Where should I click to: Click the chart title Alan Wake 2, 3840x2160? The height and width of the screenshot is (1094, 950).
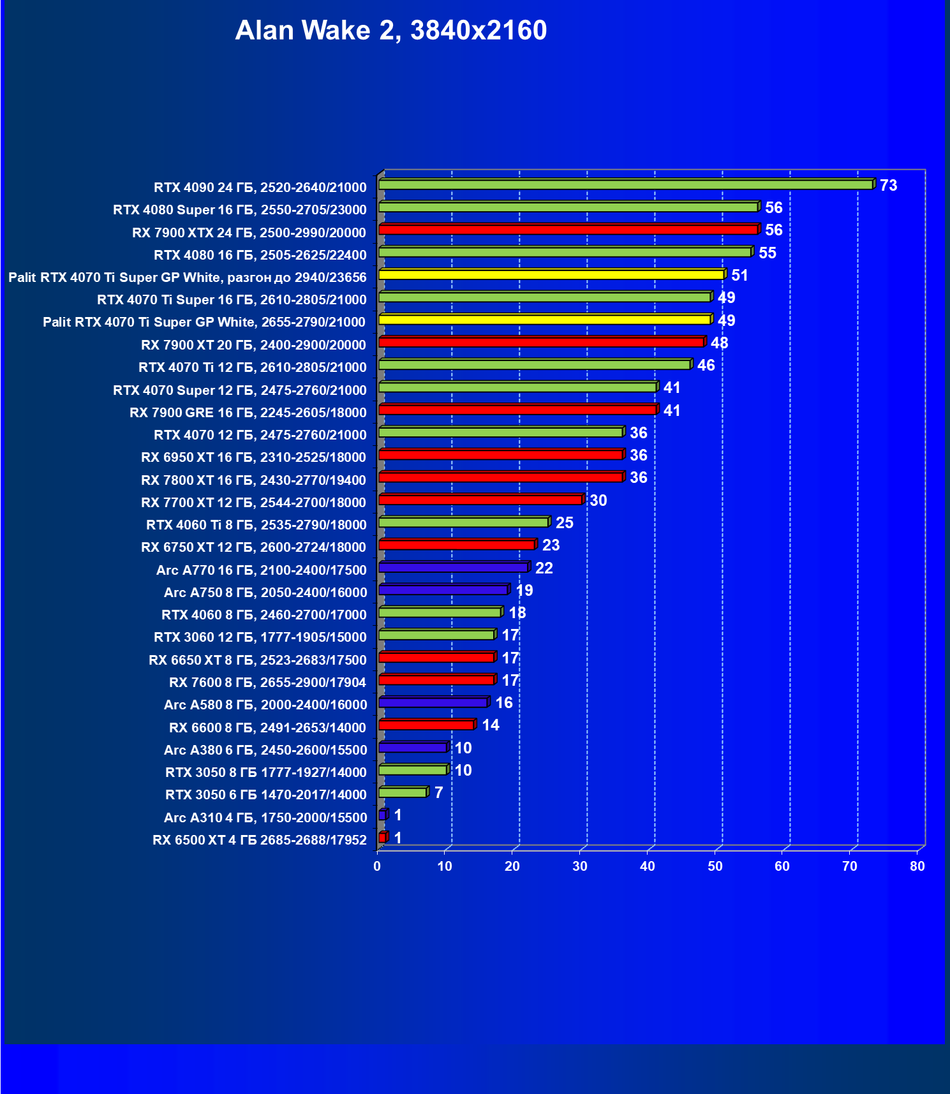(390, 31)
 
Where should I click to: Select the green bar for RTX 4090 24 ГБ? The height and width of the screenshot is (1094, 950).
(625, 184)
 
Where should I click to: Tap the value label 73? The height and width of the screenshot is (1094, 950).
(888, 186)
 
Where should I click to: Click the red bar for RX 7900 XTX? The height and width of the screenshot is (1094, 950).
(568, 230)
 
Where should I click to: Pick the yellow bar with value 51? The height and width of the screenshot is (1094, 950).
(551, 274)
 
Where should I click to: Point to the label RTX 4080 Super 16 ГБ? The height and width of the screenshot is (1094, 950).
(240, 210)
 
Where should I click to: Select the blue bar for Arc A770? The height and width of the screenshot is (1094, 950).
(453, 567)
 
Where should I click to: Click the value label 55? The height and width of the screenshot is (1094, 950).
(767, 253)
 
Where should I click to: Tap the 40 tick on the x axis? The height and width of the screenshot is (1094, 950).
(648, 866)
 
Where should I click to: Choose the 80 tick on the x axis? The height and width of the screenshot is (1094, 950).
(917, 866)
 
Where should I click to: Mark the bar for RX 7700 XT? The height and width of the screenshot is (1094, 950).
(480, 499)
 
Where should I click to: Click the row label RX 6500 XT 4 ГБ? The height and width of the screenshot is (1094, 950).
(260, 840)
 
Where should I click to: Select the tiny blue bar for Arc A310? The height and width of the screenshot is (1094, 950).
(382, 815)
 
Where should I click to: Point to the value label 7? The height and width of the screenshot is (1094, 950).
(438, 793)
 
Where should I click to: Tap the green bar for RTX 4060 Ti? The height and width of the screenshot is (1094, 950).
(463, 522)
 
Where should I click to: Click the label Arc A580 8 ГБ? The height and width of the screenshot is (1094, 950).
(265, 705)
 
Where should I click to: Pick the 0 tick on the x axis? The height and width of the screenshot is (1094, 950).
(377, 866)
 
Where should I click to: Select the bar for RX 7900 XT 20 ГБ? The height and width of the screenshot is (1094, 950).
(541, 342)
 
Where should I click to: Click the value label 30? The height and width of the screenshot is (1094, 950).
(598, 501)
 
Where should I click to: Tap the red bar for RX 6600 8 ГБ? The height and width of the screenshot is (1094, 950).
(426, 725)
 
